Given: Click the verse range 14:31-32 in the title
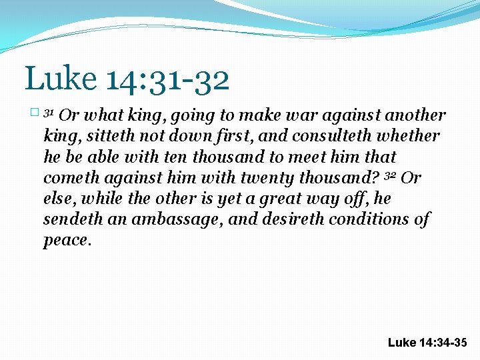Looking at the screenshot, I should [x=167, y=79].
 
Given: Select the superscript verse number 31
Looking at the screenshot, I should [x=48, y=113].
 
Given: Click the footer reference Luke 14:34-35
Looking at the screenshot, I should [x=427, y=343].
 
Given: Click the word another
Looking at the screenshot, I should [x=414, y=116].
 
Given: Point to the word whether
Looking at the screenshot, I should [x=407, y=137].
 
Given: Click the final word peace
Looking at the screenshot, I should [x=65, y=240].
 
